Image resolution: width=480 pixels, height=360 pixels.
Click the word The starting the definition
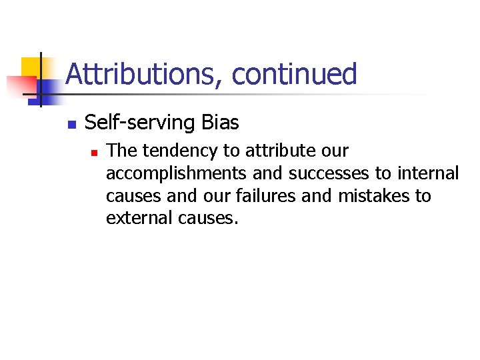coord(120,151)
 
